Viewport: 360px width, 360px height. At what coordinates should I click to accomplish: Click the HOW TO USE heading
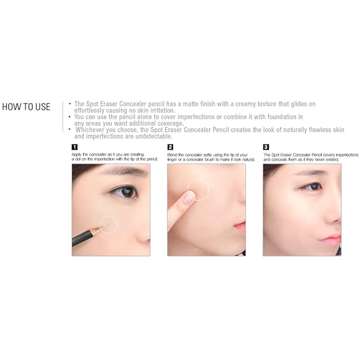(26, 107)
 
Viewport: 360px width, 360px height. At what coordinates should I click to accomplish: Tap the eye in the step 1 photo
(126, 191)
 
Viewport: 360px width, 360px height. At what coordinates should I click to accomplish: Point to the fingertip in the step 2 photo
(188, 197)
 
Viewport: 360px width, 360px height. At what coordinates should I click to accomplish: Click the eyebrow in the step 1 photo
(125, 171)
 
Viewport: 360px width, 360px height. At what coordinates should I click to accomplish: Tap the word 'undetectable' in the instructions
(154, 136)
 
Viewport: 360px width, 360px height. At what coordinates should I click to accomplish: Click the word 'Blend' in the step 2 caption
(173, 154)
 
